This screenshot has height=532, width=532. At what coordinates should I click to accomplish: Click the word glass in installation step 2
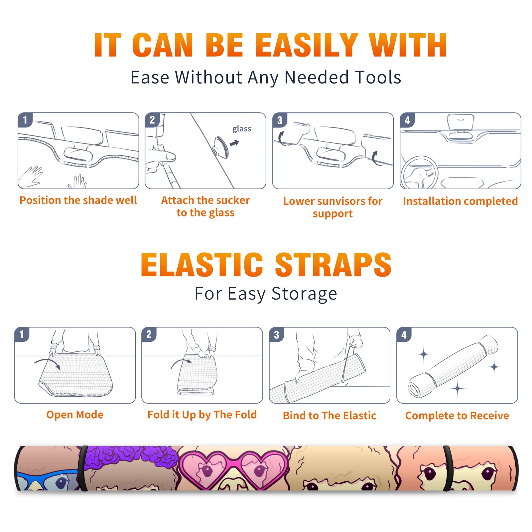coord(242,129)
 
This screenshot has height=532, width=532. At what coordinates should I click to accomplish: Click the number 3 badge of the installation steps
coord(280,120)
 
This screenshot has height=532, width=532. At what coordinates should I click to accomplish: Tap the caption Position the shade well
coord(78,200)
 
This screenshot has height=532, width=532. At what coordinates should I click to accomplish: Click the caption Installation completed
coord(460,201)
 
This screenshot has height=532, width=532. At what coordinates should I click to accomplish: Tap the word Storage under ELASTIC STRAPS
coord(304,294)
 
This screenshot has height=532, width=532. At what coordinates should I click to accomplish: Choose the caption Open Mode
coord(75,415)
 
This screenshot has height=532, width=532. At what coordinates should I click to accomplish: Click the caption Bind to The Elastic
coord(330,416)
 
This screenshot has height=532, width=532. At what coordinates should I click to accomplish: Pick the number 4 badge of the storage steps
coord(404,334)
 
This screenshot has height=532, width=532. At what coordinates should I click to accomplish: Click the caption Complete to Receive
coord(457,416)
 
